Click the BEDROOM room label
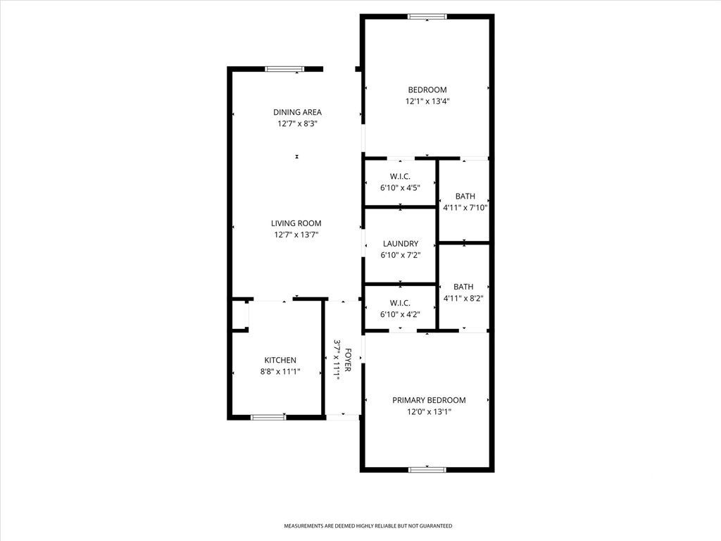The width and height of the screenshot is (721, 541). (x=427, y=89)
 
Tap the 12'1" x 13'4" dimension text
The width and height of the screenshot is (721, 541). (x=427, y=101)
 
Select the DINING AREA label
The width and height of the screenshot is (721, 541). (x=297, y=112)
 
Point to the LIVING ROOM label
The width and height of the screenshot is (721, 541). (x=296, y=223)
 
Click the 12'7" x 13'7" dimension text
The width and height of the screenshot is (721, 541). (x=296, y=235)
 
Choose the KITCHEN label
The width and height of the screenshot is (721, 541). (x=280, y=360)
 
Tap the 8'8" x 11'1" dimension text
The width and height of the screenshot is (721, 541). (x=280, y=372)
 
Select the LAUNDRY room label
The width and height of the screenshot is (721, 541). (x=400, y=244)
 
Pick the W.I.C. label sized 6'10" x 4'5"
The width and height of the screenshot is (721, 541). (x=400, y=176)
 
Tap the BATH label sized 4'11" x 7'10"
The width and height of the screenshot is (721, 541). (x=465, y=197)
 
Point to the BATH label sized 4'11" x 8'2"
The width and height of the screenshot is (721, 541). (x=463, y=287)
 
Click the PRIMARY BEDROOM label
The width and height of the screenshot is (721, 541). (x=429, y=400)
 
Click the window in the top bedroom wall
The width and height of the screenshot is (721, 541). (x=427, y=17)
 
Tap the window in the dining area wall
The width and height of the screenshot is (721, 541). (x=284, y=69)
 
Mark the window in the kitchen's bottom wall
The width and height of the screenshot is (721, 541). (x=268, y=417)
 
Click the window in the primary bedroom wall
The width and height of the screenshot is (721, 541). (x=427, y=469)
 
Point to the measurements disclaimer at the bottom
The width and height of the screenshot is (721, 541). (x=368, y=526)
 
